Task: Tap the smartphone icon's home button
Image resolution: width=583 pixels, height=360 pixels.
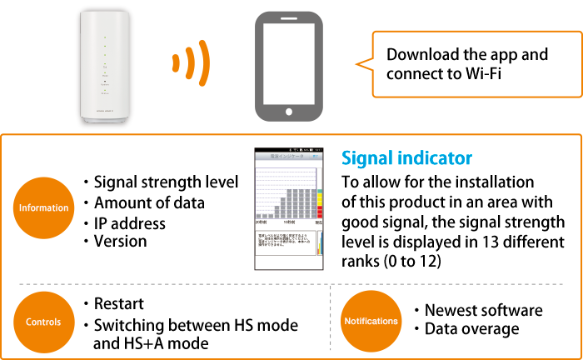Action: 289,111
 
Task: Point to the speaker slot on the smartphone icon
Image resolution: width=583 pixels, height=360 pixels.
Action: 289,17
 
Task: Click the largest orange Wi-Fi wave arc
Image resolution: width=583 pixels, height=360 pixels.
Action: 203,62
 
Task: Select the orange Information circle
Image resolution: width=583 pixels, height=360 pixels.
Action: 42,207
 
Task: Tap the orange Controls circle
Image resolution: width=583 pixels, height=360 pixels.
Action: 42,322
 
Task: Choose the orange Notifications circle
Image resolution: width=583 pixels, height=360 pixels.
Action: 371,321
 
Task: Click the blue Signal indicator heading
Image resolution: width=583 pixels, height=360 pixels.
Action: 407,157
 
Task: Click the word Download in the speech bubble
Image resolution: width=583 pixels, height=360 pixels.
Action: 422,55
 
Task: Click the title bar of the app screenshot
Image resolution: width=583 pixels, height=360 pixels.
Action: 288,155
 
